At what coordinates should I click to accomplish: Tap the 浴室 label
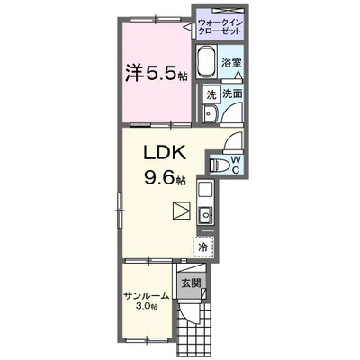pos(230,63)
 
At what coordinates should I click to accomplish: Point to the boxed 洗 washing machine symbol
pos(210,93)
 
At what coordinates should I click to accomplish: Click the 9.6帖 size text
pos(165,179)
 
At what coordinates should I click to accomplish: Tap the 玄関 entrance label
pos(190,283)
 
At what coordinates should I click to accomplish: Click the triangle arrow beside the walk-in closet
pos(189,28)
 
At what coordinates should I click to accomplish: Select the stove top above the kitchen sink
pos(205,191)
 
